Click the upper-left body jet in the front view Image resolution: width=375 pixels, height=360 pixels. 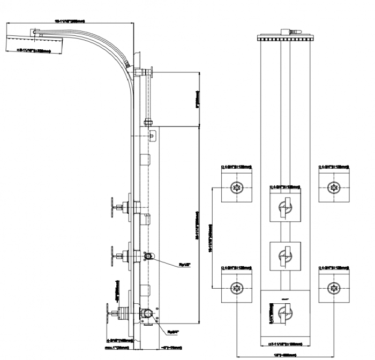coord(236,188)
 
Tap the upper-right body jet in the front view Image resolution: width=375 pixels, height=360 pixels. coord(334,188)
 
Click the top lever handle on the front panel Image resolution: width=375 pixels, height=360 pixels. coord(286,206)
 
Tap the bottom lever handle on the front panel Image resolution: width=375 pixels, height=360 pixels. coord(286,310)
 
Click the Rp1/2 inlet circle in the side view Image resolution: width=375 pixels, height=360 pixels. coord(149,257)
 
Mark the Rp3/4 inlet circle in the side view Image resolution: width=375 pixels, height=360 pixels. coord(147,314)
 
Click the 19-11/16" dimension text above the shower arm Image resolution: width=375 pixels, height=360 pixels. coord(70,20)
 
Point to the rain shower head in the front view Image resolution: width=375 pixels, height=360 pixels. coord(285,38)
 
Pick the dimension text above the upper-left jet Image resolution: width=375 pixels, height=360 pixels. coord(236,167)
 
